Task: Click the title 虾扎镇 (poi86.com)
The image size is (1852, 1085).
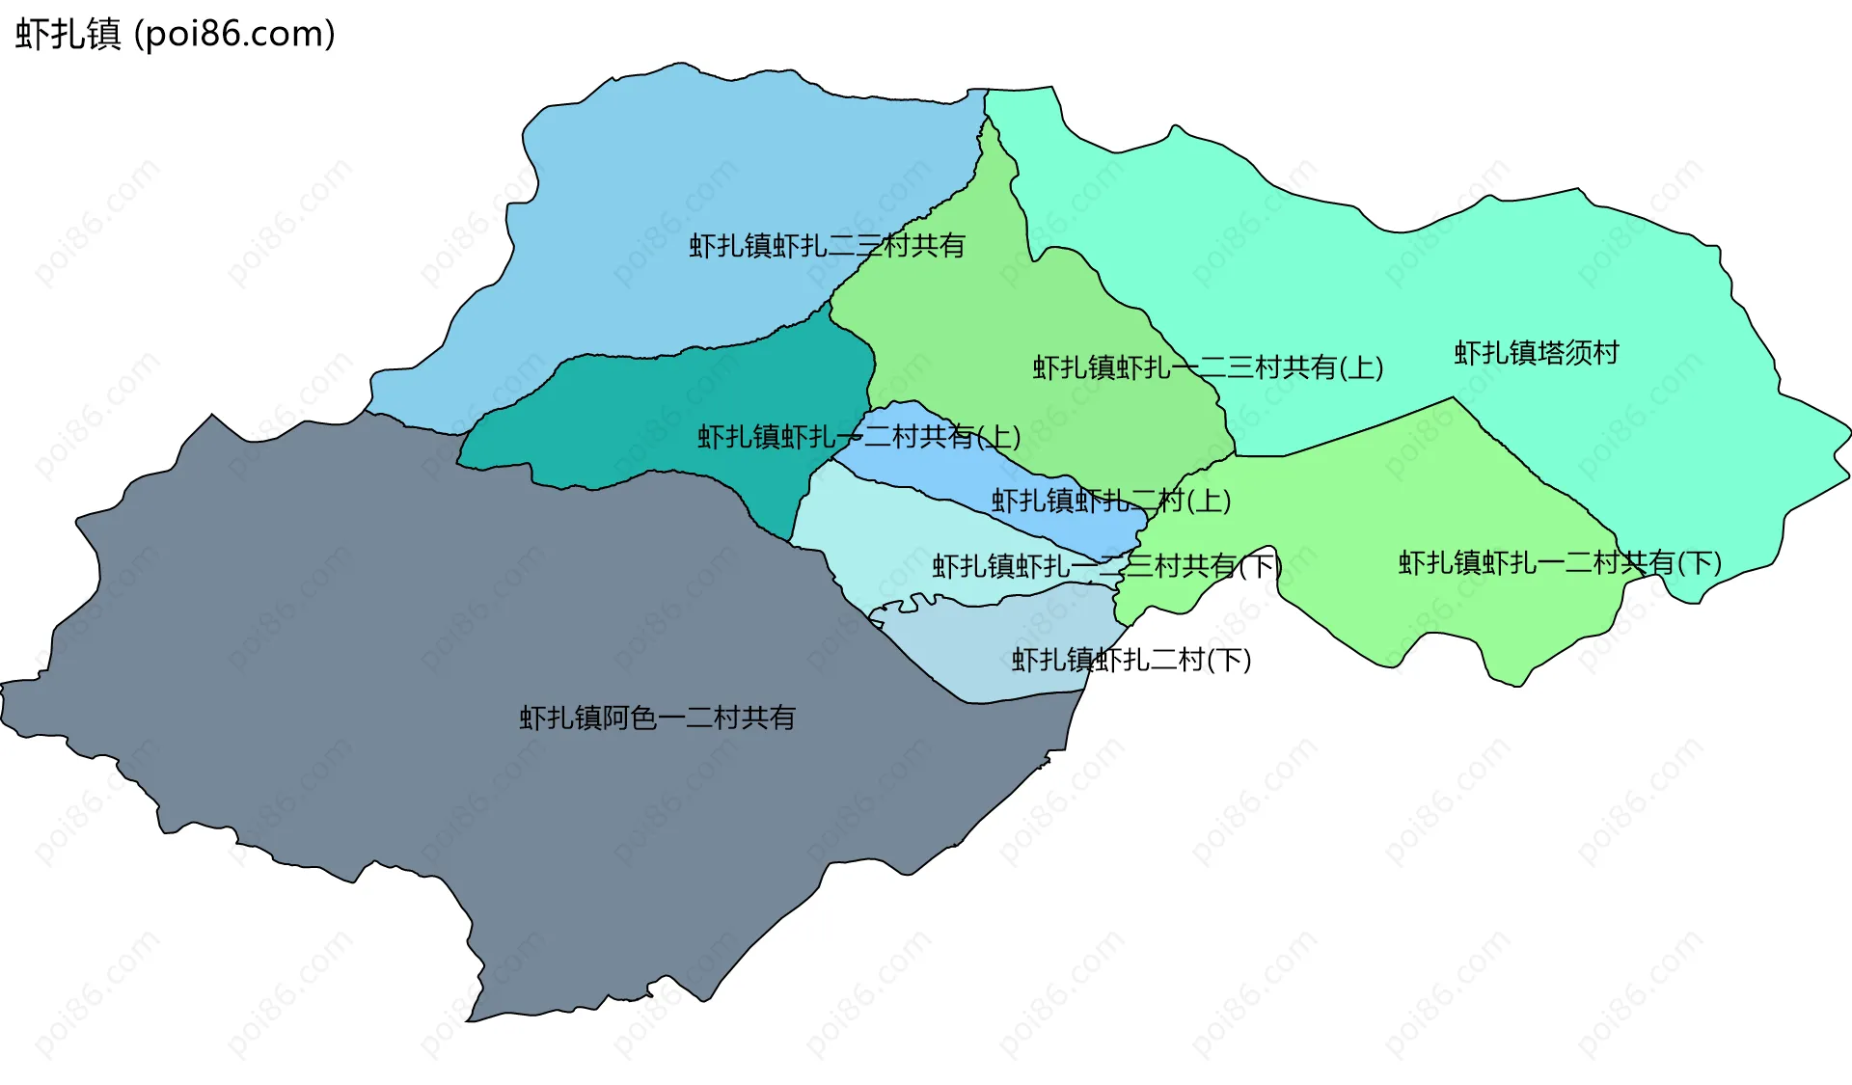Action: pos(175,34)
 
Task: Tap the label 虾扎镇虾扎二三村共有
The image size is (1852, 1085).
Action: pos(827,246)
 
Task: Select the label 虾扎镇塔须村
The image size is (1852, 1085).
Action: pos(1536,353)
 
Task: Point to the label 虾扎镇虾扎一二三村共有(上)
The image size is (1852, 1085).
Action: pos(1208,367)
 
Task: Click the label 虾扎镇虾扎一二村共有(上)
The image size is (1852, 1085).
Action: pos(858,437)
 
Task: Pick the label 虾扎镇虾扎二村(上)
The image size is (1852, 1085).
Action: pos(1111,501)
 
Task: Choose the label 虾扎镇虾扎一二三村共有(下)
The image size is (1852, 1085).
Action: pos(1106,566)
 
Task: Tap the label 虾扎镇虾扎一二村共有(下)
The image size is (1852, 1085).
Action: pos(1560,562)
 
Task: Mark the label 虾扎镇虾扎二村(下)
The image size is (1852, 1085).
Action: pos(1130,660)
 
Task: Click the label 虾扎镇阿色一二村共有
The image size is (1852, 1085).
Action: pos(657,718)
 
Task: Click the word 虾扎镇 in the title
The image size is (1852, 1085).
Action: pos(68,34)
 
